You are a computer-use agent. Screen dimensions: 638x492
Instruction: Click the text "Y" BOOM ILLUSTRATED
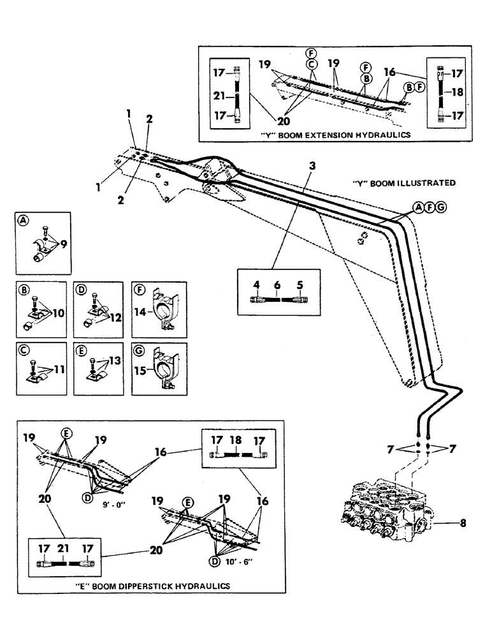click(403, 182)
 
